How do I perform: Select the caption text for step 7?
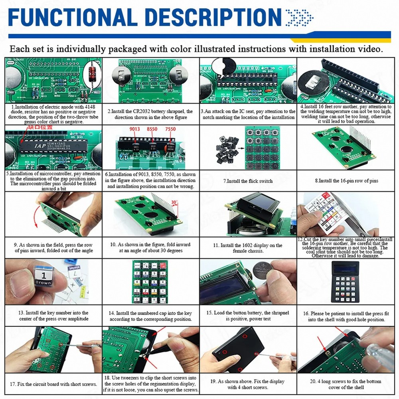click(248, 181)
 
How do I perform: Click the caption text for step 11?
click(248, 248)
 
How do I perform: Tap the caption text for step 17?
click(53, 384)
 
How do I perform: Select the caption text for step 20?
click(346, 384)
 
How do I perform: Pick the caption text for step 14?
click(150, 316)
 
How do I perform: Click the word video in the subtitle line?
click(368, 49)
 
